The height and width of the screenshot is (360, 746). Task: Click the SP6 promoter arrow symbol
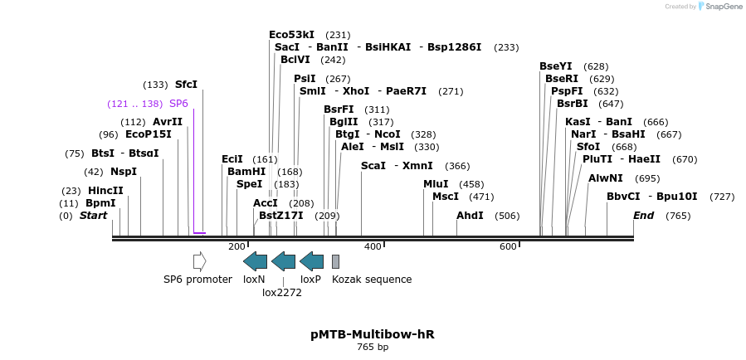(199, 261)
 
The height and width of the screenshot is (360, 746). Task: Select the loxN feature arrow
(255, 261)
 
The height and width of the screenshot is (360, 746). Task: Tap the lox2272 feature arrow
(283, 261)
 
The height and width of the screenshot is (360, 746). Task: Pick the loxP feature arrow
(311, 261)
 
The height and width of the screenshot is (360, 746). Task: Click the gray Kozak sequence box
(335, 261)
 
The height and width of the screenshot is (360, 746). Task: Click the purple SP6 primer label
(178, 104)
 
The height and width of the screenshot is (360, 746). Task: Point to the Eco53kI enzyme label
(291, 35)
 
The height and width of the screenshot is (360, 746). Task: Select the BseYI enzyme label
(555, 66)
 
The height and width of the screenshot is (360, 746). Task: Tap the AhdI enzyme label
(470, 216)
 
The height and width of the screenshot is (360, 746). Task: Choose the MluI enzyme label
(436, 184)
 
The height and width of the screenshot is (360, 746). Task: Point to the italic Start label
(93, 216)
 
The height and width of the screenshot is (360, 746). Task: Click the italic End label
(643, 216)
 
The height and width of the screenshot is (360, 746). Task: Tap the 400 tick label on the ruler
(373, 246)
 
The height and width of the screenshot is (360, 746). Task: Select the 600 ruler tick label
(508, 246)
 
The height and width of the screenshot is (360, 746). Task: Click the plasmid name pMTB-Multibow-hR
(373, 334)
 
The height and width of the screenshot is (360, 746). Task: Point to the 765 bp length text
(373, 348)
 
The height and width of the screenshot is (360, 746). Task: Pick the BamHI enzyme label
(246, 172)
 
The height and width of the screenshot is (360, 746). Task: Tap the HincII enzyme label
(105, 191)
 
